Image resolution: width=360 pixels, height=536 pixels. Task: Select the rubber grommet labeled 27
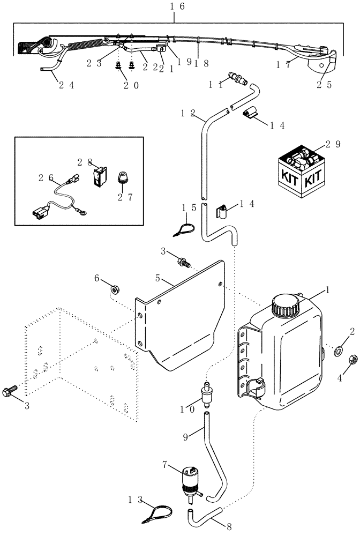tap(123, 178)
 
